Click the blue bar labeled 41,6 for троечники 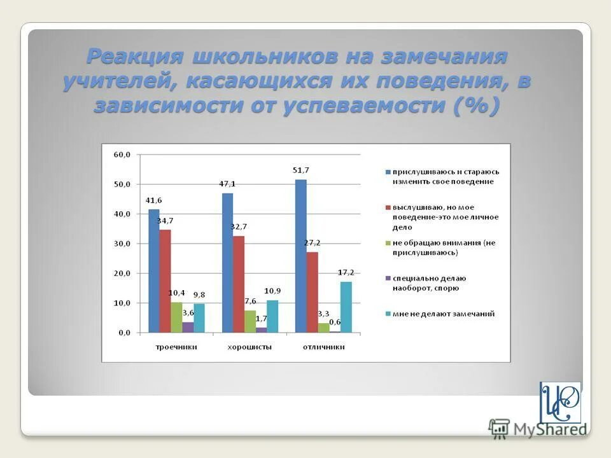154,270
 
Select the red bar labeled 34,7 165,281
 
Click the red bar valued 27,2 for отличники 312,292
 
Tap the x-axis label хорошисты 250,347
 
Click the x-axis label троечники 177,347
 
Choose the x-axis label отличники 323,347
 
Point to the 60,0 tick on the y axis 122,155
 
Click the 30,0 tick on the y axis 122,244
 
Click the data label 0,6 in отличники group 335,321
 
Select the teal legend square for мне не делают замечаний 387,314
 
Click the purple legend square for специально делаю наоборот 387,279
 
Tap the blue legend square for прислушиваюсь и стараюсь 387,172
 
